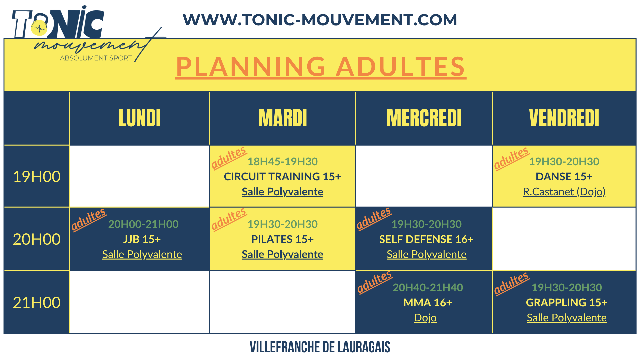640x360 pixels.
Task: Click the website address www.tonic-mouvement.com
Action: coord(320,20)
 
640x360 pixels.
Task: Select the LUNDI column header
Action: coord(140,118)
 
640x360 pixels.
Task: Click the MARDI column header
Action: coord(283,118)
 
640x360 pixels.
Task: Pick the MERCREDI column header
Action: coord(424,118)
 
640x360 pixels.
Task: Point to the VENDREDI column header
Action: coord(564,118)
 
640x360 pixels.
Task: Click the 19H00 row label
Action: coord(37,176)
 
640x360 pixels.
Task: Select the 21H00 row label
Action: coord(37,302)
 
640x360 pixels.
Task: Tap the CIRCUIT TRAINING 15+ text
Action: coord(282,176)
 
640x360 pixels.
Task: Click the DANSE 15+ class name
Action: coord(564,176)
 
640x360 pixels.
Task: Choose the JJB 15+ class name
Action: coord(142,239)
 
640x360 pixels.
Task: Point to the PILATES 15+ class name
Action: coord(282,239)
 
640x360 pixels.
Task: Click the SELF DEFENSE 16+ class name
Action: coord(426,239)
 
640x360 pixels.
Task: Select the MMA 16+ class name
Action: coord(428,302)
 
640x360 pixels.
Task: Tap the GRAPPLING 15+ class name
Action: coord(567,302)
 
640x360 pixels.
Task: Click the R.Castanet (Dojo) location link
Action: coord(564,192)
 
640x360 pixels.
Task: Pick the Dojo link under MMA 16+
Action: coord(425,318)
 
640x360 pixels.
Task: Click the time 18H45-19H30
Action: coord(282,161)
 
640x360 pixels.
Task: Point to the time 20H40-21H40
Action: coord(428,287)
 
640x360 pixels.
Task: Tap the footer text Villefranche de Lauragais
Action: coord(320,347)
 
